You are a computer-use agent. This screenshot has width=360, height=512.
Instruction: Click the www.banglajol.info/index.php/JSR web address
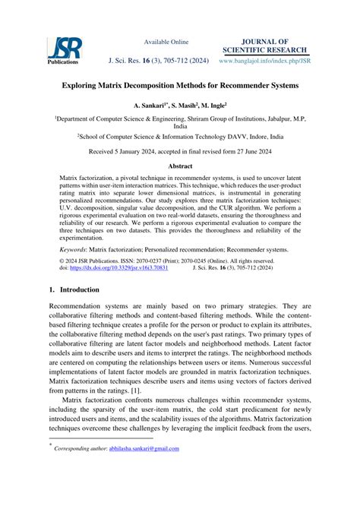point(264,60)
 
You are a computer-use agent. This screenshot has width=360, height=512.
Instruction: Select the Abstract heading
point(179,165)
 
